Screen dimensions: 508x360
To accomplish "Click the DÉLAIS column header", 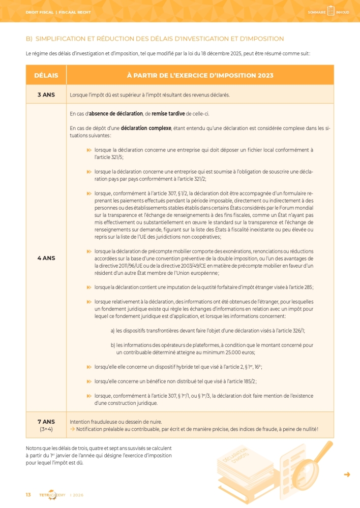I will (x=46, y=75).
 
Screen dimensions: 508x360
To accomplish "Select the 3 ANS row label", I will (x=46, y=94).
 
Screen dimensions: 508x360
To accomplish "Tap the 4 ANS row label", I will (x=46, y=258).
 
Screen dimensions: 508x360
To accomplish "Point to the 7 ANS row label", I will (x=46, y=422).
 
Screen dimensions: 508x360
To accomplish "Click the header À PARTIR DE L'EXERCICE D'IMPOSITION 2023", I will (x=200, y=75).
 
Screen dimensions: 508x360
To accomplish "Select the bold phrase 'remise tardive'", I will (x=168, y=113).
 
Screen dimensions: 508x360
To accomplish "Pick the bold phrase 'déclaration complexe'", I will (x=146, y=128).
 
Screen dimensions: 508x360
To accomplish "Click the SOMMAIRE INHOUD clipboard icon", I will (x=331, y=11).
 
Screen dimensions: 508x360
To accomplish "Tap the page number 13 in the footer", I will (x=28, y=495).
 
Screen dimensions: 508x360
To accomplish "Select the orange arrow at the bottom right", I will (x=347, y=474).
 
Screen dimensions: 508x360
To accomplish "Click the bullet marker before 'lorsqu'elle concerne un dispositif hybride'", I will (x=89, y=367).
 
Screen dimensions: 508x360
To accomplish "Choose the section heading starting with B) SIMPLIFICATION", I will (x=155, y=39).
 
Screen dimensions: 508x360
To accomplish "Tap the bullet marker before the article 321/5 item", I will (x=89, y=150).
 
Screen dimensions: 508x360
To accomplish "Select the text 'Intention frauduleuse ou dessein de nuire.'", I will (x=116, y=422).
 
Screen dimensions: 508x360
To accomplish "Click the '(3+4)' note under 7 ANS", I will (x=46, y=429).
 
